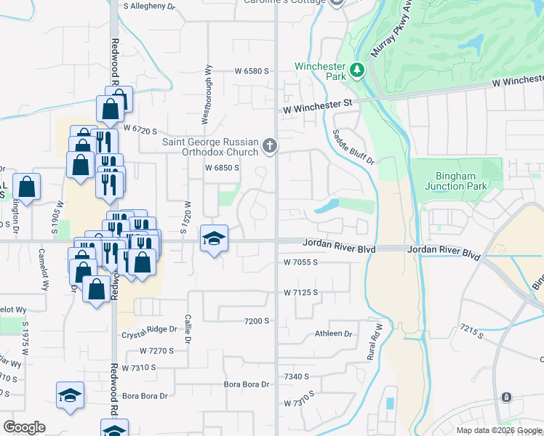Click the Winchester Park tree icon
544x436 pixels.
point(357,70)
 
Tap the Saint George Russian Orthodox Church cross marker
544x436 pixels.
point(270,147)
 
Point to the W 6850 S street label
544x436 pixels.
point(222,168)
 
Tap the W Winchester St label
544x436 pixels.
point(317,106)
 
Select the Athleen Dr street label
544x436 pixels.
point(333,334)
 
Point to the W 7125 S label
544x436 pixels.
point(301,292)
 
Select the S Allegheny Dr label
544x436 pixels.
point(150,6)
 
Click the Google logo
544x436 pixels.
point(24,427)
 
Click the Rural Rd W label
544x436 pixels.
point(375,342)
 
